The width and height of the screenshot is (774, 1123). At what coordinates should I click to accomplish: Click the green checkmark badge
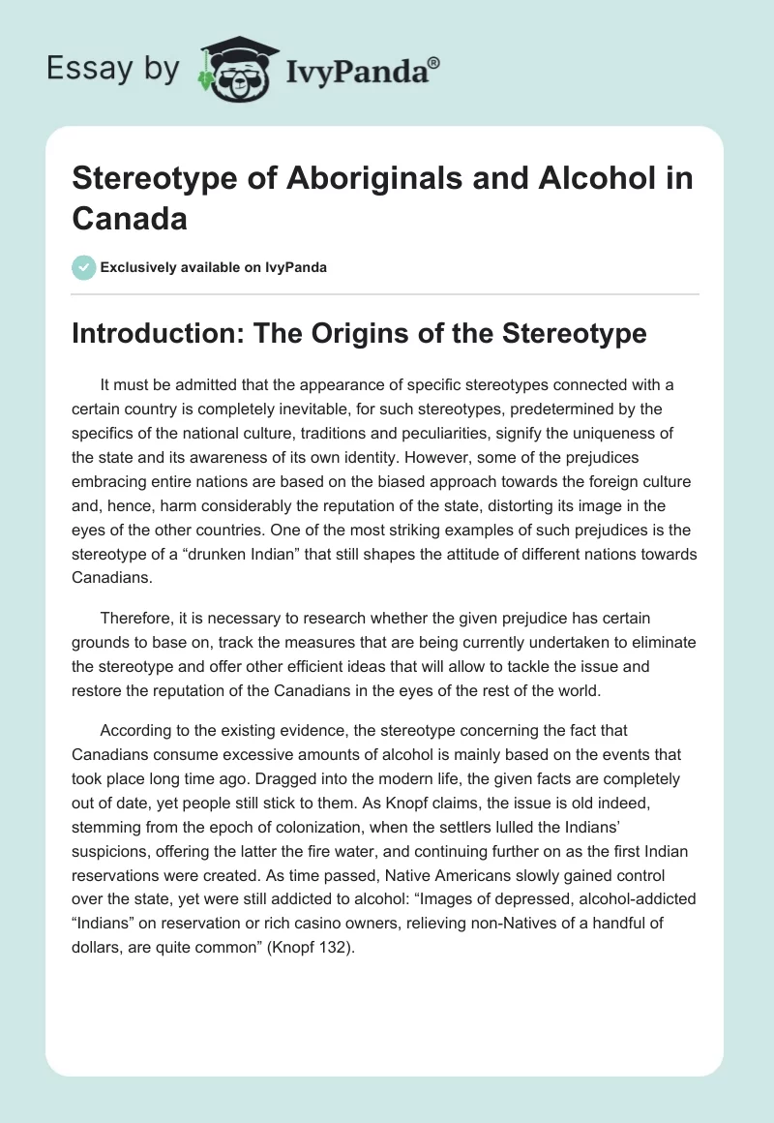point(83,267)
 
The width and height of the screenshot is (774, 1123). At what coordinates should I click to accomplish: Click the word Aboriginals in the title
point(319,180)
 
